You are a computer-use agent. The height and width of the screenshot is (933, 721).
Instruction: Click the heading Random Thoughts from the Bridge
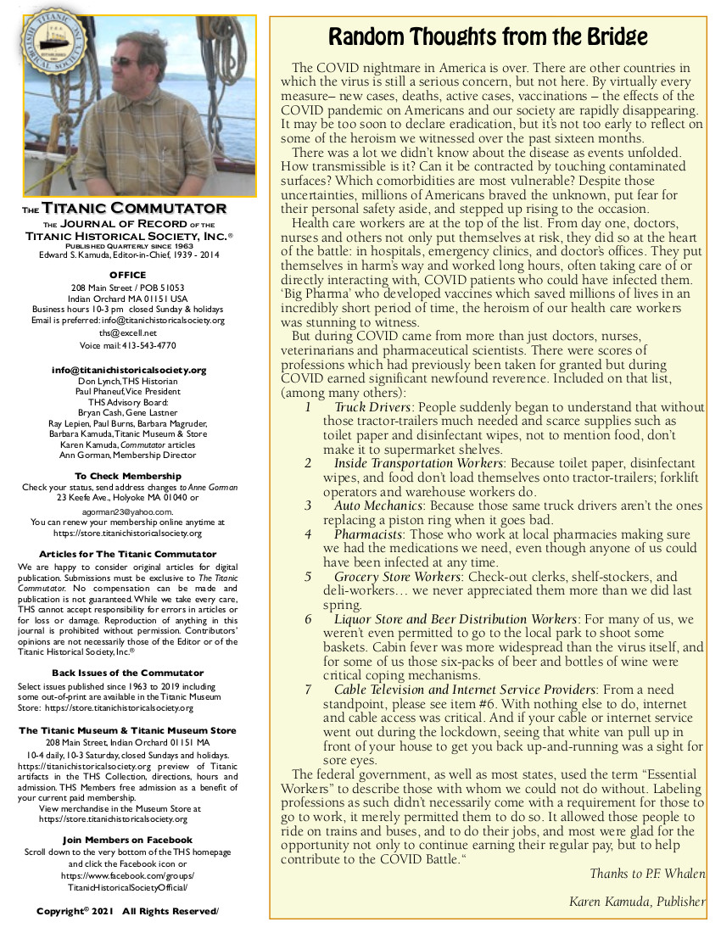tap(488, 37)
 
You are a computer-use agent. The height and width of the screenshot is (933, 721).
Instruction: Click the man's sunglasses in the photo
tap(125, 61)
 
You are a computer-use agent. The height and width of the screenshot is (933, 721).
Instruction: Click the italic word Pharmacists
tap(367, 534)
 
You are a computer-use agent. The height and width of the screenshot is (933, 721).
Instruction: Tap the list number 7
tap(308, 690)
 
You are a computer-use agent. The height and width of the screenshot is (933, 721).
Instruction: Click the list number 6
tap(308, 619)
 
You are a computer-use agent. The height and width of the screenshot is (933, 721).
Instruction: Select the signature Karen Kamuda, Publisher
tap(637, 902)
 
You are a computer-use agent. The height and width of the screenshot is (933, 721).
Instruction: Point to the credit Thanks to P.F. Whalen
tap(647, 874)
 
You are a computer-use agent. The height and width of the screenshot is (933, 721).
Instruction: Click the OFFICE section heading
tap(127, 275)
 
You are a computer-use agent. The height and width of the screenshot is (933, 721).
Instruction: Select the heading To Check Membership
tap(127, 476)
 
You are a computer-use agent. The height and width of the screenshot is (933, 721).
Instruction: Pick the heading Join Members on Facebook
tap(127, 840)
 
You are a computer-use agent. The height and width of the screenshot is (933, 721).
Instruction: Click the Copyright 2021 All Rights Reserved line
tap(127, 911)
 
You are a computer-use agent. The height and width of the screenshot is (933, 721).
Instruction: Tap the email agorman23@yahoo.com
tap(127, 511)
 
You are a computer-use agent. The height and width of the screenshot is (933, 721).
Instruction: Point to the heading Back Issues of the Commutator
tap(127, 673)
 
